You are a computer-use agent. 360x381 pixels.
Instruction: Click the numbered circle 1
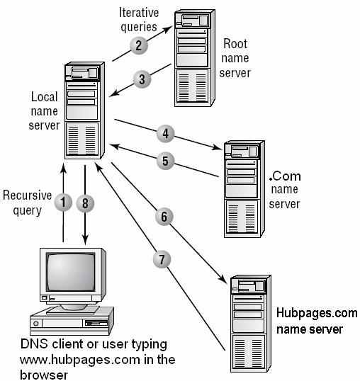tap(63, 203)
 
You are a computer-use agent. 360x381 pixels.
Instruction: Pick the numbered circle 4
tap(164, 132)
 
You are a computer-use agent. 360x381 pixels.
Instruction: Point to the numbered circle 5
tap(164, 160)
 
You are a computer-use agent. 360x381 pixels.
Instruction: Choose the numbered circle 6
tap(163, 217)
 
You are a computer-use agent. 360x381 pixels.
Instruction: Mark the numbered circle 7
tap(163, 259)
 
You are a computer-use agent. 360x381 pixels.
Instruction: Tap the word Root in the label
tap(235, 44)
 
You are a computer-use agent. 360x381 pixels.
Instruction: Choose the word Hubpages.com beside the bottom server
tap(316, 314)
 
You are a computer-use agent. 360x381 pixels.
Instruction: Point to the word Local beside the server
tap(44, 96)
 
